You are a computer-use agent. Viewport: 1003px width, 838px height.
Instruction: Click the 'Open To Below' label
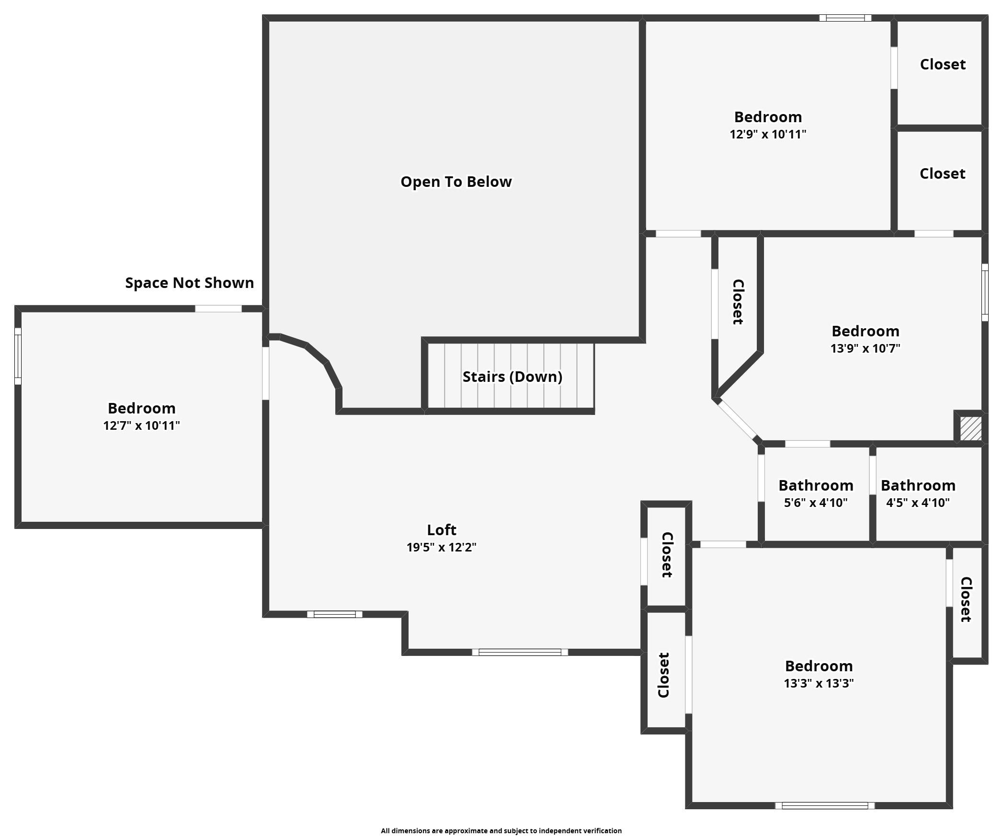(x=456, y=182)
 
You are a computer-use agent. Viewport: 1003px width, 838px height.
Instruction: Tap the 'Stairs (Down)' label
(x=512, y=377)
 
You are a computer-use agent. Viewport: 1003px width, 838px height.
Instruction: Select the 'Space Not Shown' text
(x=190, y=283)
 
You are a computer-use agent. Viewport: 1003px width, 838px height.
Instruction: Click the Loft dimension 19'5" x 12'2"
(x=441, y=547)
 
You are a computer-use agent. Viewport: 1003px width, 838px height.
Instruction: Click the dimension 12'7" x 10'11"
(x=141, y=425)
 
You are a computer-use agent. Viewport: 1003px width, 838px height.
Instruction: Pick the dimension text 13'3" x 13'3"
(x=819, y=683)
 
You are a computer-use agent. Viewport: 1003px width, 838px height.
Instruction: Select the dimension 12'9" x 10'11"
(x=768, y=134)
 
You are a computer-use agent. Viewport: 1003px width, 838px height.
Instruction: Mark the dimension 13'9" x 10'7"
(x=865, y=348)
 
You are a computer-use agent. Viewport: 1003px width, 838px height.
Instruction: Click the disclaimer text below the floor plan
(x=501, y=831)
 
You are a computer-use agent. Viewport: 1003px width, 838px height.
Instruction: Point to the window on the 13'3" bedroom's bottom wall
(x=825, y=806)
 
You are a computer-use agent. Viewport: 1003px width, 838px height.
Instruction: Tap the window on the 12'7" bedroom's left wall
(x=18, y=356)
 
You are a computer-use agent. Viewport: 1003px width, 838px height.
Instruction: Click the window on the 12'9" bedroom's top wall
(x=845, y=18)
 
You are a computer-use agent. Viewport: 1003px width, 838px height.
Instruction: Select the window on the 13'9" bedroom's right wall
(x=985, y=292)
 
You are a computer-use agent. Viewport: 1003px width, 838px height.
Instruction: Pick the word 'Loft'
(x=442, y=530)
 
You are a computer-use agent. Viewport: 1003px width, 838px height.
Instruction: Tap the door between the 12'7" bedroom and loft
(x=265, y=373)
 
